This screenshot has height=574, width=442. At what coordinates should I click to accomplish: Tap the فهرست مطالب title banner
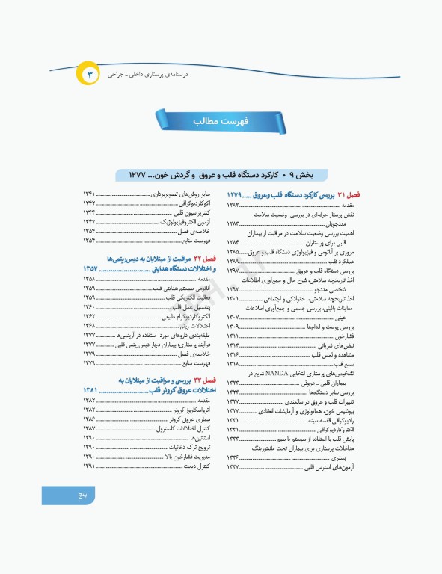pos(221,120)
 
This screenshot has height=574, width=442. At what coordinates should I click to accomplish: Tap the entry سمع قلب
pos(344,363)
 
